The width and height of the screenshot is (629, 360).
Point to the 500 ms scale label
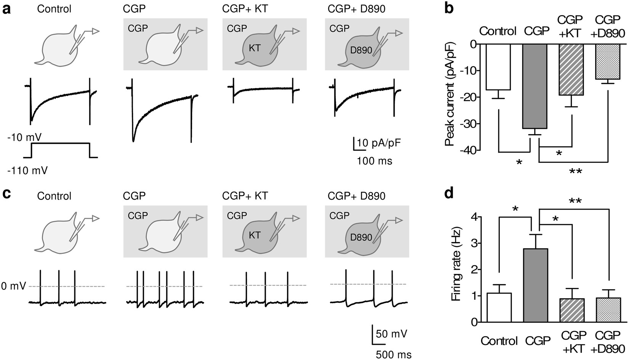pos(393,355)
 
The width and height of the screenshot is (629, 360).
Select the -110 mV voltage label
pos(27,170)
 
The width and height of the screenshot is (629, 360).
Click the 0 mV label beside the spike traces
pos(13,286)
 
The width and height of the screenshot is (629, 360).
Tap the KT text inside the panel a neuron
pos(254,48)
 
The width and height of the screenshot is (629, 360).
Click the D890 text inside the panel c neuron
pos(361,237)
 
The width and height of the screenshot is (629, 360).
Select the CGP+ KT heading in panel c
pos(245,196)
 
